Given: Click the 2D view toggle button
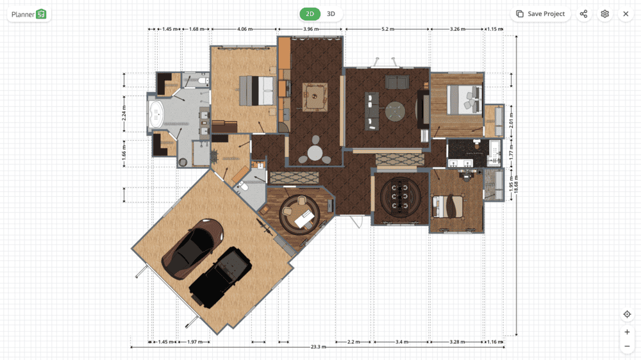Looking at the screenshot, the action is tap(310, 14).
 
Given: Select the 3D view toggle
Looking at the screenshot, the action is tap(331, 14).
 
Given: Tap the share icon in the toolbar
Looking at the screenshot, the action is tap(583, 14).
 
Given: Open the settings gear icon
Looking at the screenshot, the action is tap(604, 14).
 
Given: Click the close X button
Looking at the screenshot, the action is tap(626, 14).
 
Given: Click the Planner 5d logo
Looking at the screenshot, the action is tap(29, 14).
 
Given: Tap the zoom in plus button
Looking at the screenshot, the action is tap(627, 332).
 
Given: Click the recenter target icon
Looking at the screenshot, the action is tap(627, 315).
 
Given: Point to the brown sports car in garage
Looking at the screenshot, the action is tap(192, 249).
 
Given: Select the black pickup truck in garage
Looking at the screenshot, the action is tap(221, 277).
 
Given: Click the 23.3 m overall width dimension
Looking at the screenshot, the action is tap(318, 347).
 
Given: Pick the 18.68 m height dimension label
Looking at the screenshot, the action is tap(516, 184).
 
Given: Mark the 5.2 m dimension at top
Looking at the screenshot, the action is tap(388, 29).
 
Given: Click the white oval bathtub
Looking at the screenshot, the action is tap(156, 114).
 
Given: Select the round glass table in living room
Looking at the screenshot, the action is tap(395, 111).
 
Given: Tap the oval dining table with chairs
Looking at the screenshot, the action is tap(400, 196).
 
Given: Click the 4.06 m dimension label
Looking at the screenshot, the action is tap(244, 29).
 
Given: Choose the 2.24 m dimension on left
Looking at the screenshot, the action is tap(124, 113).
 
